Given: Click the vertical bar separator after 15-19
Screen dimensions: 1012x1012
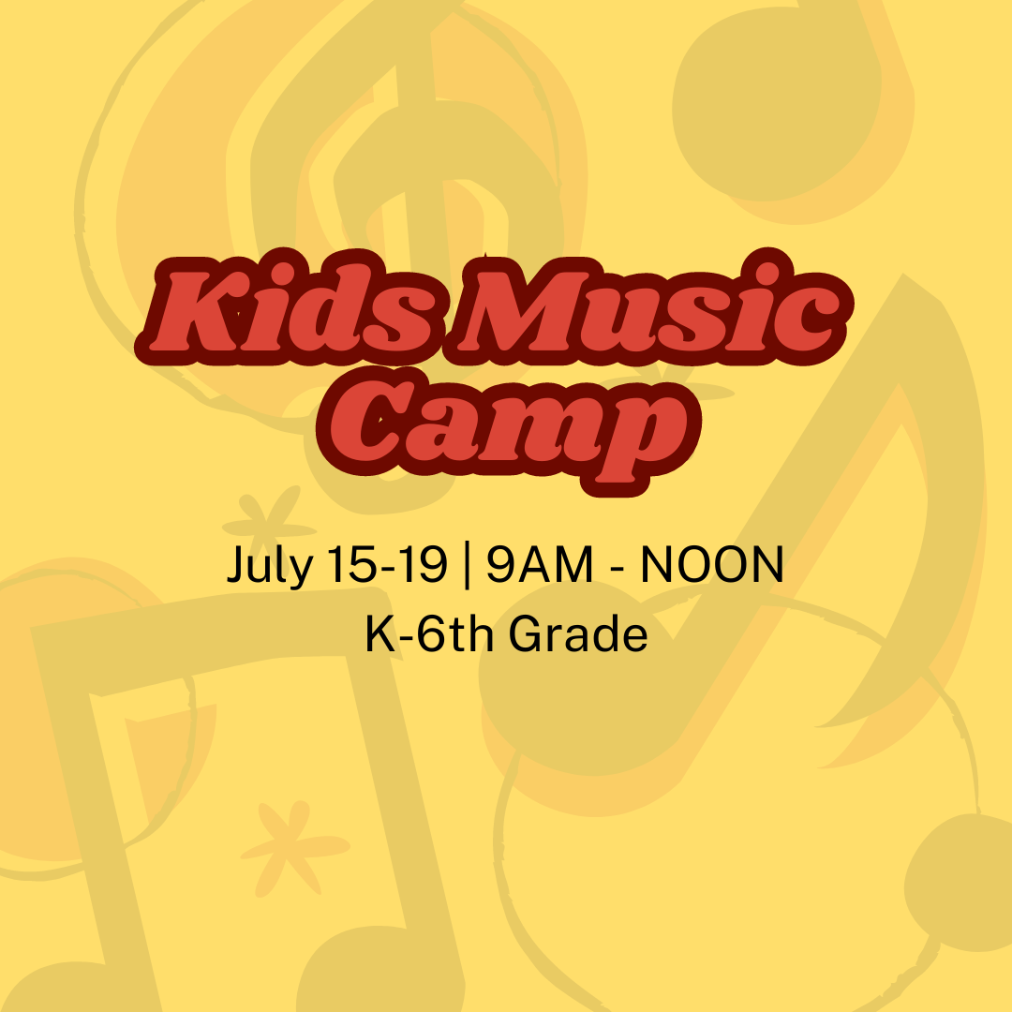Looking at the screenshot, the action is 467,566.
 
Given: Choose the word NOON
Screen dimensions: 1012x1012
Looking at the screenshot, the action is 712,564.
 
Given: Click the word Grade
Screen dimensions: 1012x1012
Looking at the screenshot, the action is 578,633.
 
